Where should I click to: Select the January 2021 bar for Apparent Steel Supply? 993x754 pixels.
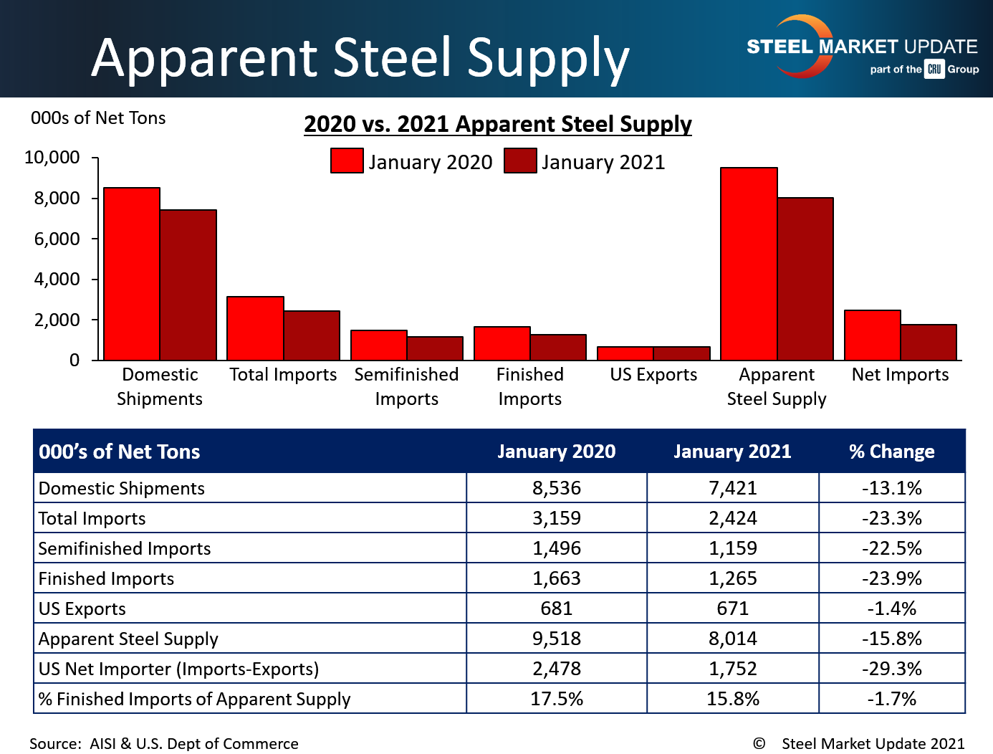click(x=805, y=279)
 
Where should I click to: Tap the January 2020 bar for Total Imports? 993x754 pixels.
click(x=255, y=328)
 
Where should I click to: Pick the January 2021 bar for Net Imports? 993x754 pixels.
click(x=929, y=343)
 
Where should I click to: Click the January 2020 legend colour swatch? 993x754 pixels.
click(x=347, y=161)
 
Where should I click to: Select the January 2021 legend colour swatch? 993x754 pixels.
click(x=520, y=161)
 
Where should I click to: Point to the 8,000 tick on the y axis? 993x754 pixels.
click(x=57, y=198)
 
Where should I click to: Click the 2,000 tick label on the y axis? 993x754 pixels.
click(x=57, y=320)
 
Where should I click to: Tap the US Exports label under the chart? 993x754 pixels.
click(x=653, y=375)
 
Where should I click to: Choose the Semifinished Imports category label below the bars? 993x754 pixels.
click(x=406, y=386)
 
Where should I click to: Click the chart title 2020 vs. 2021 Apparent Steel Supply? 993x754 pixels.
click(x=498, y=124)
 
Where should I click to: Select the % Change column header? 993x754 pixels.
click(x=892, y=452)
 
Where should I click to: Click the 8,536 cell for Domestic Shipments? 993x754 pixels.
click(x=557, y=488)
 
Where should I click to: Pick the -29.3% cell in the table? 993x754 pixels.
click(x=892, y=669)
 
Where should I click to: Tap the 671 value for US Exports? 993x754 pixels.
click(x=733, y=609)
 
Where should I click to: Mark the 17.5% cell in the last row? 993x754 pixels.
click(x=557, y=699)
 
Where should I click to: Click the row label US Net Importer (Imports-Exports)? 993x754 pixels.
click(x=179, y=669)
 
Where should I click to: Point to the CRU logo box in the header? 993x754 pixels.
click(x=934, y=70)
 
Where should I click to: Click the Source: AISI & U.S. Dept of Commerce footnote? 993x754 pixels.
click(x=164, y=744)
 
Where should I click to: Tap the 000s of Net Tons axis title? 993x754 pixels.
click(x=98, y=118)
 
